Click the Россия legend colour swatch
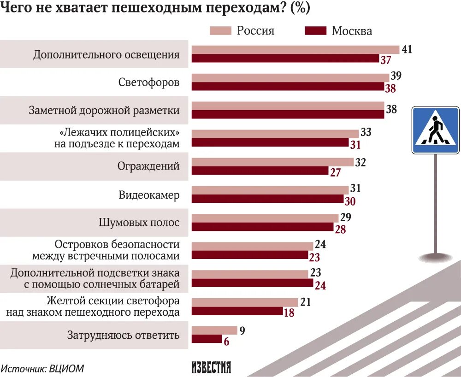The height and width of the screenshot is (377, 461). coord(220,31)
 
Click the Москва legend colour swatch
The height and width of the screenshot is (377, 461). coord(315,31)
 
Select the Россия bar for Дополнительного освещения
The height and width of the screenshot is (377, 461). coord(295,50)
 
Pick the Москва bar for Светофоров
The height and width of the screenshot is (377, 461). coord(288,87)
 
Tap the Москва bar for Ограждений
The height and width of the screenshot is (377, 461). coord(260,171)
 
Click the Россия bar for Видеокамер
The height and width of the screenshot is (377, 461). coord(270,190)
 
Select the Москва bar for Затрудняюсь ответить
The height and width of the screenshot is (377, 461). coord(207,339)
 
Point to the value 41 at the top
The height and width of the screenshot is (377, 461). coord(407,49)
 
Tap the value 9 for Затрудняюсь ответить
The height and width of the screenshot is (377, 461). coord(242,330)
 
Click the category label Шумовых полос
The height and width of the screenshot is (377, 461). coord(139,222)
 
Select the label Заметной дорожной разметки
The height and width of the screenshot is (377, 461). coord(104,110)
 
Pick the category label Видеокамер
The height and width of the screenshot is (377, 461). coord(148,194)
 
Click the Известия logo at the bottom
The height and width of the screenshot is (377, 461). coord(211,367)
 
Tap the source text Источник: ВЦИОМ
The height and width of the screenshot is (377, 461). coord(42,368)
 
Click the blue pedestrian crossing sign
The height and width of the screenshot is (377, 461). coord(435,130)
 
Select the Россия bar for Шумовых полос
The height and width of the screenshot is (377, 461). coord(265,218)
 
